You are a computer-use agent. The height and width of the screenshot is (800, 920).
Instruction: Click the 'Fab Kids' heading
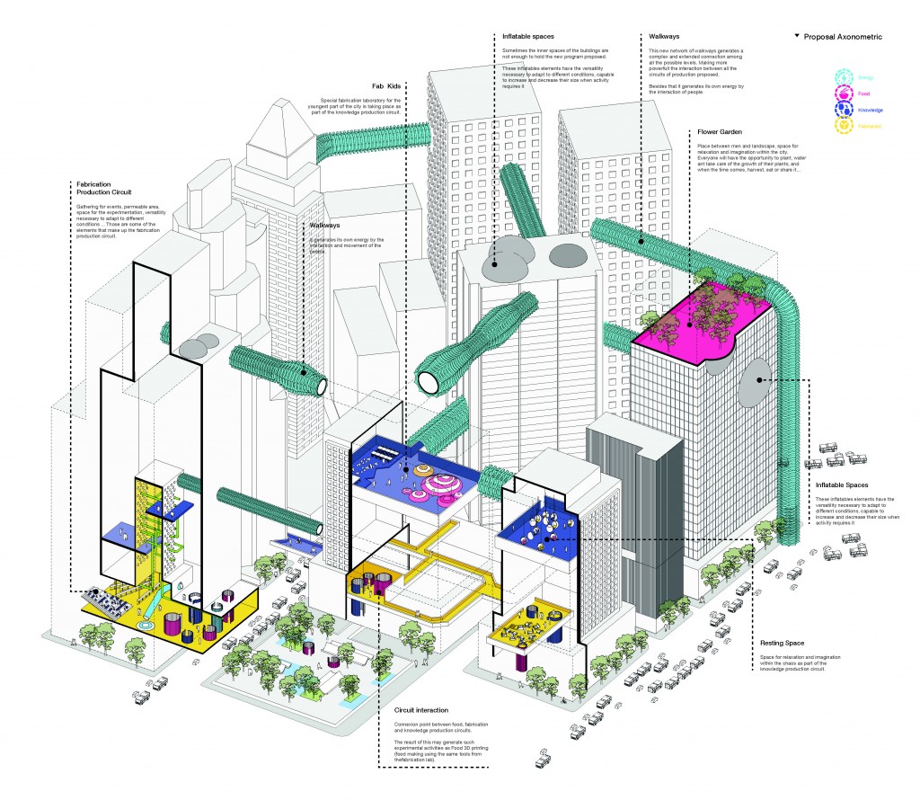[x=384, y=85]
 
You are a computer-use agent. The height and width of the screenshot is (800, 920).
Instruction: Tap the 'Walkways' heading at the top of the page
[x=664, y=37]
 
